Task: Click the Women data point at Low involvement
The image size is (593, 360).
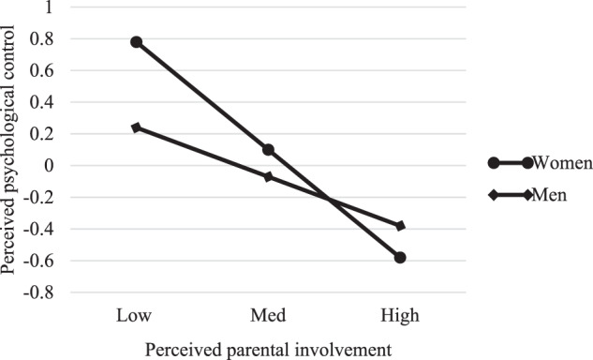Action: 137,42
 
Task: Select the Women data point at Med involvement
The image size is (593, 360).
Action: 269,150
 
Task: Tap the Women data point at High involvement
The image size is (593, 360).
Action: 401,257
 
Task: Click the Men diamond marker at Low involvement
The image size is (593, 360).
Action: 137,127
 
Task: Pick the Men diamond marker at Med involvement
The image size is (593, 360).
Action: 269,176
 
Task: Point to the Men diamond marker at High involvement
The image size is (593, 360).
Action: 401,226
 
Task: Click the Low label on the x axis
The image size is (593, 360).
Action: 137,313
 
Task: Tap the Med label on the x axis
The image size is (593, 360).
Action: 269,313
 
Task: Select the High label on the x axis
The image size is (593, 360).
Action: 401,313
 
